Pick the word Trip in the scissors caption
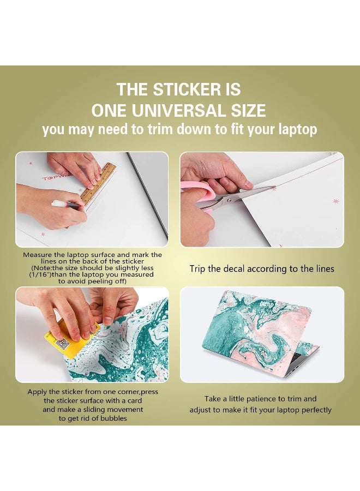(x=199, y=269)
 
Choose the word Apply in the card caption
(x=38, y=392)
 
